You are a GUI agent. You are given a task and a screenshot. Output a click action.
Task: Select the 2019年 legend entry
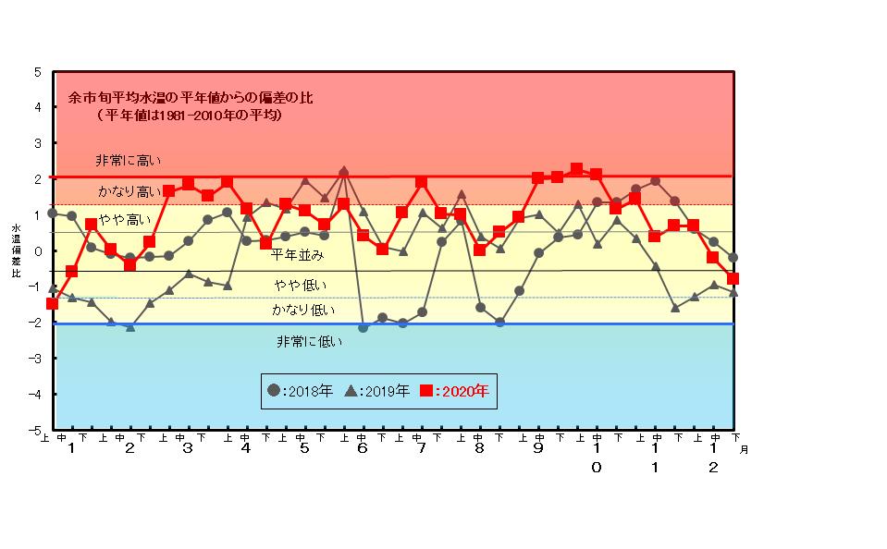377,391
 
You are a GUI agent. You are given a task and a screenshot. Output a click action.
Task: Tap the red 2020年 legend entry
455,391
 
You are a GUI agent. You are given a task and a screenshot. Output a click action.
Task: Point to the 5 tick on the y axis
37,71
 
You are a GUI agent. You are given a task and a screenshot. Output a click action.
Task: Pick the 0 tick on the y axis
37,251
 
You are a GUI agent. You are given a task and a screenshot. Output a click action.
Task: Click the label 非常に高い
128,161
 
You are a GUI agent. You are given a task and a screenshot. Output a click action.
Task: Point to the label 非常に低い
309,341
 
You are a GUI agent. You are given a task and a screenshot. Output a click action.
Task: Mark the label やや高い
124,219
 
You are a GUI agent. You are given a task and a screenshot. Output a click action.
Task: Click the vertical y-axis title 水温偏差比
16,250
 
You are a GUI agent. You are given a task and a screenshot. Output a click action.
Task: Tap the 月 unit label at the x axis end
745,448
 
